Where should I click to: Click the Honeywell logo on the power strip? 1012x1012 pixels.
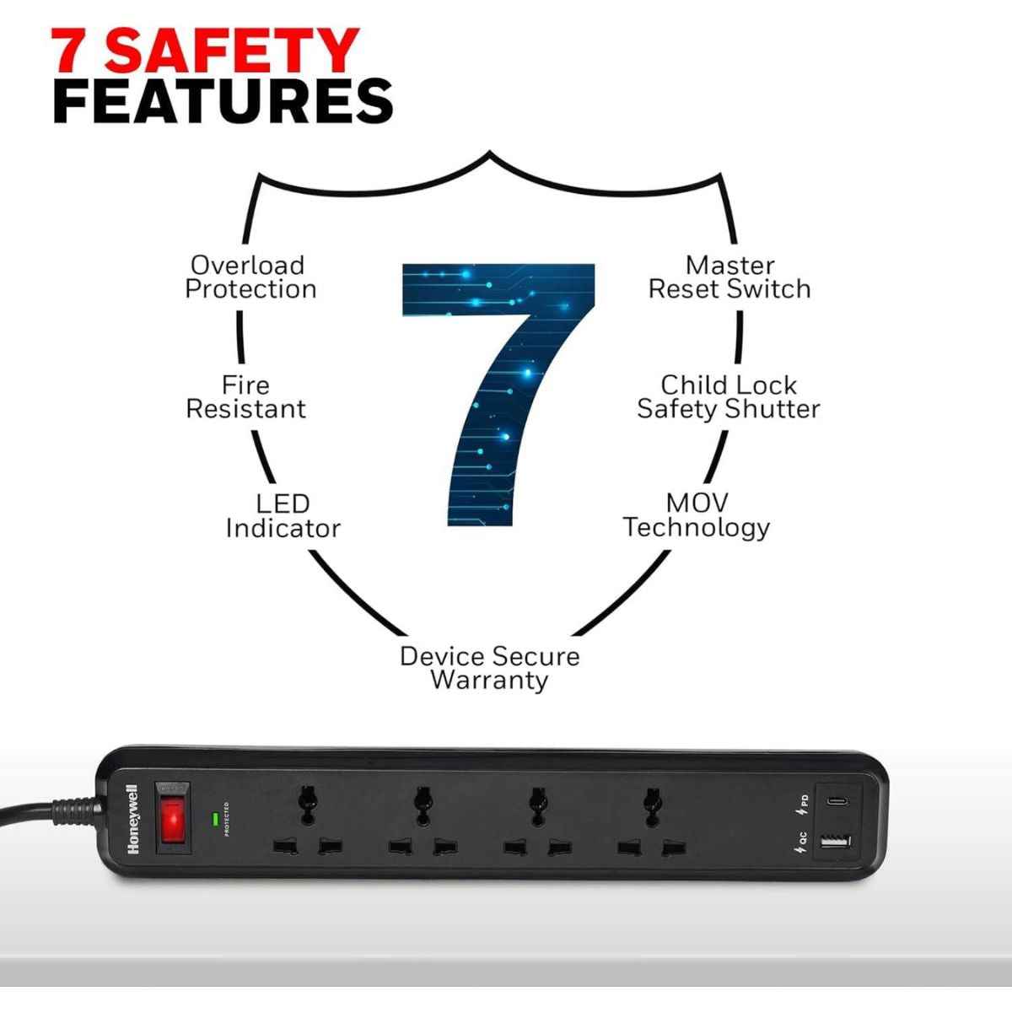click(132, 820)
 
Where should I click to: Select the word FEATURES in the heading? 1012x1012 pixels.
click(223, 102)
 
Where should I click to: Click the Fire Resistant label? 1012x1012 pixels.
click(245, 397)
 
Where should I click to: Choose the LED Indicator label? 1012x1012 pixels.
click(283, 516)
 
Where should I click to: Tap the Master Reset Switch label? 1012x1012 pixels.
click(729, 277)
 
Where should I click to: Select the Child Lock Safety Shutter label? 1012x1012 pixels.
click(728, 397)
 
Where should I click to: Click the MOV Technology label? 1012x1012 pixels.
click(697, 515)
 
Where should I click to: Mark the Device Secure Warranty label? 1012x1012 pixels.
click(489, 668)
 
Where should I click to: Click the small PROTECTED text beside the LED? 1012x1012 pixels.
click(227, 819)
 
